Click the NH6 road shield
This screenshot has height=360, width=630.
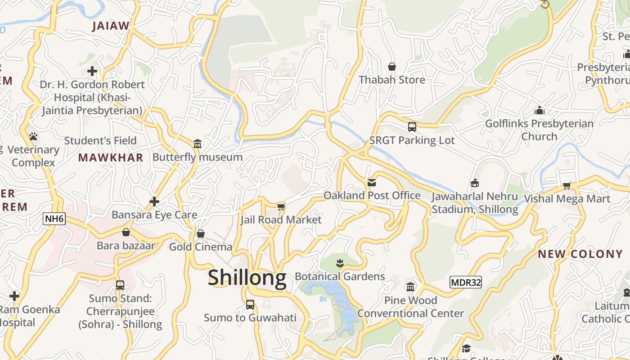pyautogui.click(x=55, y=219)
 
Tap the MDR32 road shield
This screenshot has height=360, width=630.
pyautogui.click(x=466, y=283)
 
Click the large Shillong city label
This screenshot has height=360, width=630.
pyautogui.click(x=247, y=278)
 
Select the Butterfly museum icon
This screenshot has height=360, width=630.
pyautogui.click(x=197, y=144)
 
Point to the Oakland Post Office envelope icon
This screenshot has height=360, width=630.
pyautogui.click(x=372, y=183)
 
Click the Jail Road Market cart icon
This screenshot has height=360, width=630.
pyautogui.click(x=281, y=207)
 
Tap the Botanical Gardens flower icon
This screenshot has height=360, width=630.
pyautogui.click(x=340, y=263)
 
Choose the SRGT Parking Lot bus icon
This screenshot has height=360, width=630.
pyautogui.click(x=412, y=127)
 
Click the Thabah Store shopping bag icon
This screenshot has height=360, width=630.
pyautogui.click(x=391, y=67)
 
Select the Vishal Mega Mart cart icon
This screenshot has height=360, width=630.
pyautogui.click(x=567, y=185)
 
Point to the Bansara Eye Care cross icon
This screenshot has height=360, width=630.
pyautogui.click(x=154, y=202)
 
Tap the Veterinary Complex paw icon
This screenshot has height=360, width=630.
pyautogui.click(x=33, y=136)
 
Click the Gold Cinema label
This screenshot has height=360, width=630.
pyautogui.click(x=201, y=247)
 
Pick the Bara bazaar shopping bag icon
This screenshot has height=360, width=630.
pyautogui.click(x=126, y=232)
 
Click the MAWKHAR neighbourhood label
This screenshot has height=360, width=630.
pyautogui.click(x=111, y=157)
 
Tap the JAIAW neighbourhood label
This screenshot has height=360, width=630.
pyautogui.click(x=111, y=26)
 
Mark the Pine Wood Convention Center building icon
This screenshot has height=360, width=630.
pyautogui.click(x=410, y=287)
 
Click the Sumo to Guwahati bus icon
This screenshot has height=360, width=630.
pyautogui.click(x=250, y=305)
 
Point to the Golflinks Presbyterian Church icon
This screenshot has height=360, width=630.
pyautogui.click(x=539, y=110)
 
